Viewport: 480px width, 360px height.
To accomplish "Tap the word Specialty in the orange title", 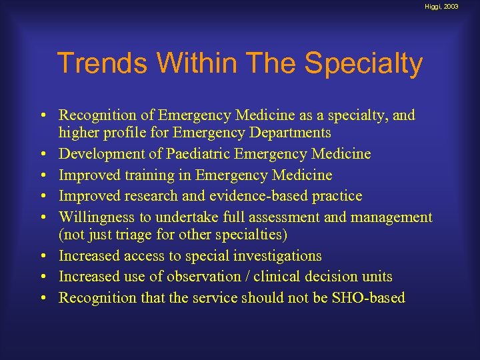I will click(364, 64).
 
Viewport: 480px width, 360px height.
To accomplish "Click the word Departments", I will click(293, 133).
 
